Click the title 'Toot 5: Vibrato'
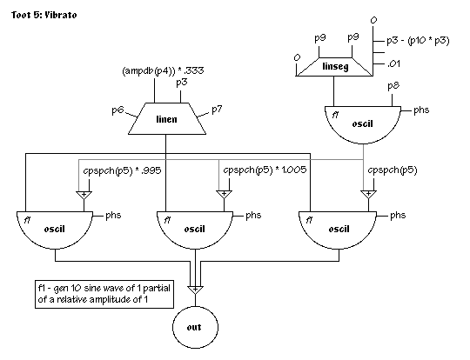[44, 15]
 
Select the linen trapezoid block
[167, 119]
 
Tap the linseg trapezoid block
[334, 66]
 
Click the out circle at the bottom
[195, 327]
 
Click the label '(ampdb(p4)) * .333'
[163, 70]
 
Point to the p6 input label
[117, 110]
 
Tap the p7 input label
[217, 110]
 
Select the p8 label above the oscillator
[393, 86]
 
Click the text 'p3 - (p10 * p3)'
[418, 40]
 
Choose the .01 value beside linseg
[393, 63]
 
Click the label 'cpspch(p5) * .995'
[123, 170]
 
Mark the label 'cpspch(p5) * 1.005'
[265, 170]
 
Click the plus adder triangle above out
[196, 290]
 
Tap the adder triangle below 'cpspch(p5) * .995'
[84, 195]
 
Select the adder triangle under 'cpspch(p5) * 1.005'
[224, 195]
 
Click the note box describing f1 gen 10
[104, 294]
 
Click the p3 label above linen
[182, 83]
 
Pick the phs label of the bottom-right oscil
[398, 216]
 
